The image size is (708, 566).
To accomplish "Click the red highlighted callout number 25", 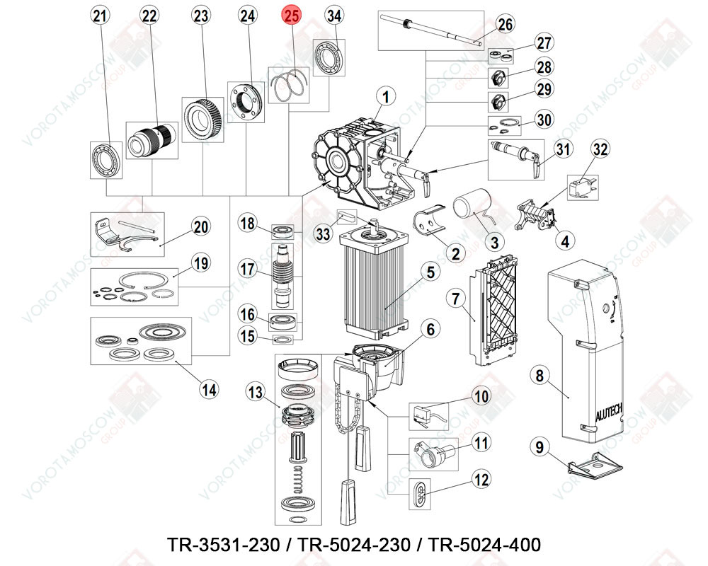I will (x=292, y=16).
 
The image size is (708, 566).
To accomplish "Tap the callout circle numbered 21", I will (x=101, y=16).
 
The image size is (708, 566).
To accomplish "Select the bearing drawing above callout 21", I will (x=105, y=158).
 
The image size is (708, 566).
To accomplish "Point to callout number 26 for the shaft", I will (x=504, y=25).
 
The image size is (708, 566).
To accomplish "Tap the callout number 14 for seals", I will (x=208, y=388).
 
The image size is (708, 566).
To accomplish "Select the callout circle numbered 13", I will (x=256, y=391).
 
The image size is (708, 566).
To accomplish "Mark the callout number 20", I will (x=201, y=226).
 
